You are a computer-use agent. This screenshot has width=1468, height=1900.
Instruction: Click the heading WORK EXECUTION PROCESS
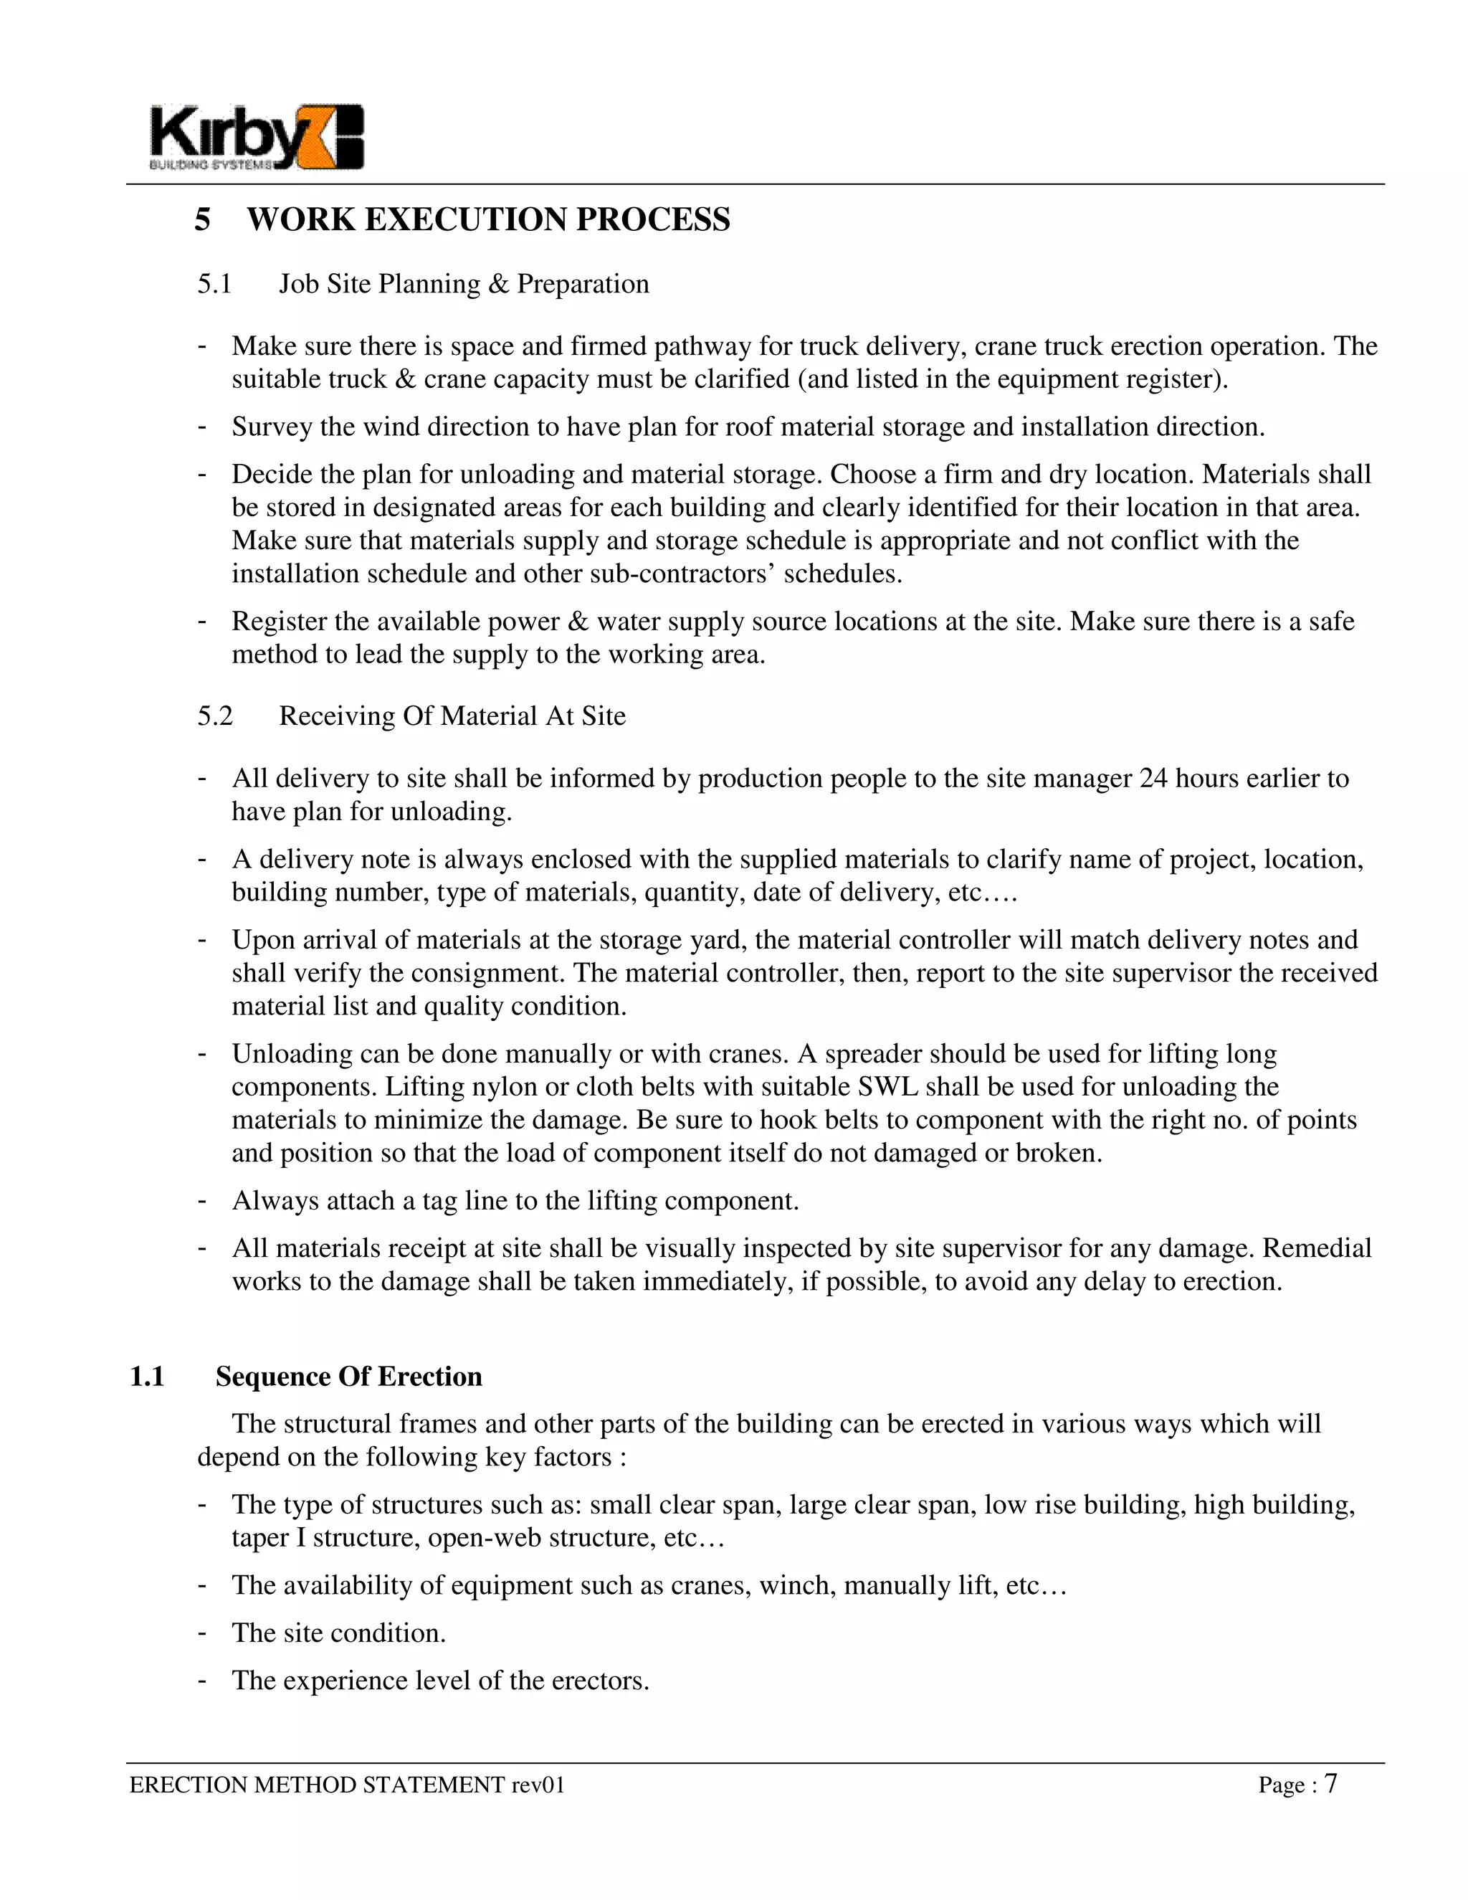(x=488, y=219)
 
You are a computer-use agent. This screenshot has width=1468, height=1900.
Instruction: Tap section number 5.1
(x=214, y=284)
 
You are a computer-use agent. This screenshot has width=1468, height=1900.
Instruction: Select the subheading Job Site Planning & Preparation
(x=464, y=284)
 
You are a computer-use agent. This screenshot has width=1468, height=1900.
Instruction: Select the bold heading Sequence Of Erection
(x=349, y=1377)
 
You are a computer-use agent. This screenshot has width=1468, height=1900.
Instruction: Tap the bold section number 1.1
(x=147, y=1377)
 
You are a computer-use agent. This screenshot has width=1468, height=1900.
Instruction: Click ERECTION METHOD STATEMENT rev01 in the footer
(x=347, y=1785)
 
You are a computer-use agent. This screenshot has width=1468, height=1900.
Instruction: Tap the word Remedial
(x=1317, y=1248)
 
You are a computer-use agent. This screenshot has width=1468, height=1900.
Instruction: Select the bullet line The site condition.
(x=338, y=1633)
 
